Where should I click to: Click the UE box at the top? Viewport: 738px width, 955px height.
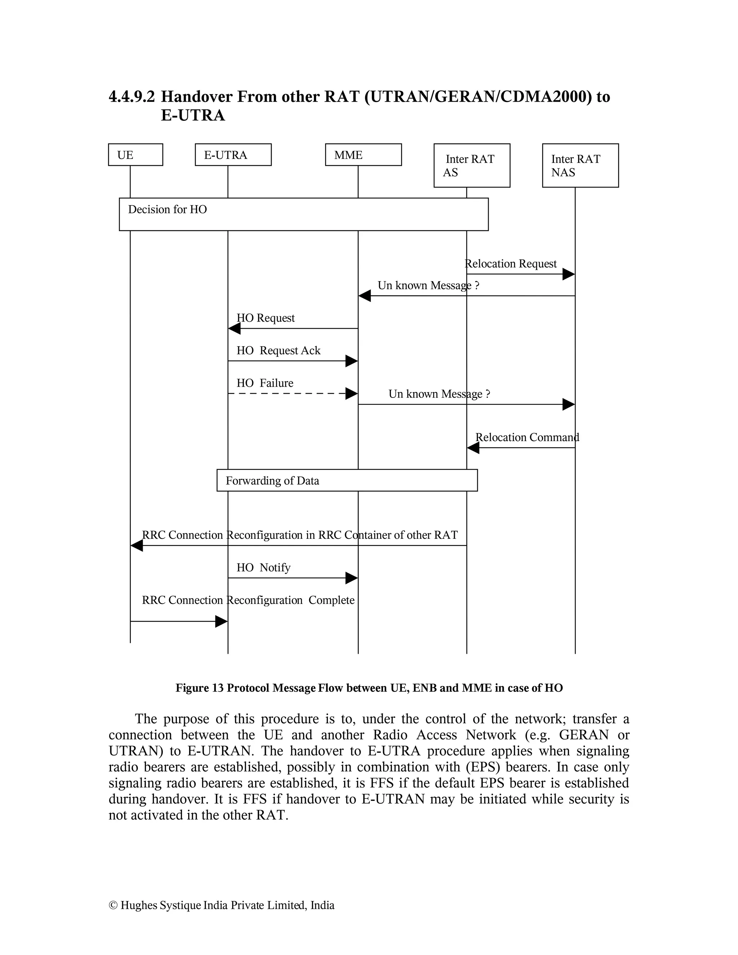click(135, 155)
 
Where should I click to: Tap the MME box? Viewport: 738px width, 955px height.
click(363, 155)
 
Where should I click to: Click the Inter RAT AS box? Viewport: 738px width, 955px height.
click(471, 165)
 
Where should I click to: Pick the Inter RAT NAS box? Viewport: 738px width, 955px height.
click(580, 165)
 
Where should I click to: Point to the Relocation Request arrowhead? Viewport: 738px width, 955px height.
click(568, 274)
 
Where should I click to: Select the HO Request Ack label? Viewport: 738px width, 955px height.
click(278, 351)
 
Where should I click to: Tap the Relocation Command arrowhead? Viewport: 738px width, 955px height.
click(473, 448)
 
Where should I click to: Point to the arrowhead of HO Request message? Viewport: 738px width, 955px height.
click(234, 328)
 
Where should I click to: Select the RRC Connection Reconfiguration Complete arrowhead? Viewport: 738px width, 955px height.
click(221, 621)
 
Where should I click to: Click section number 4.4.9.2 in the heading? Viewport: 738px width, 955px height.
click(132, 97)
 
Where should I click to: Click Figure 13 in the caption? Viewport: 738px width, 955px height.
click(199, 688)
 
